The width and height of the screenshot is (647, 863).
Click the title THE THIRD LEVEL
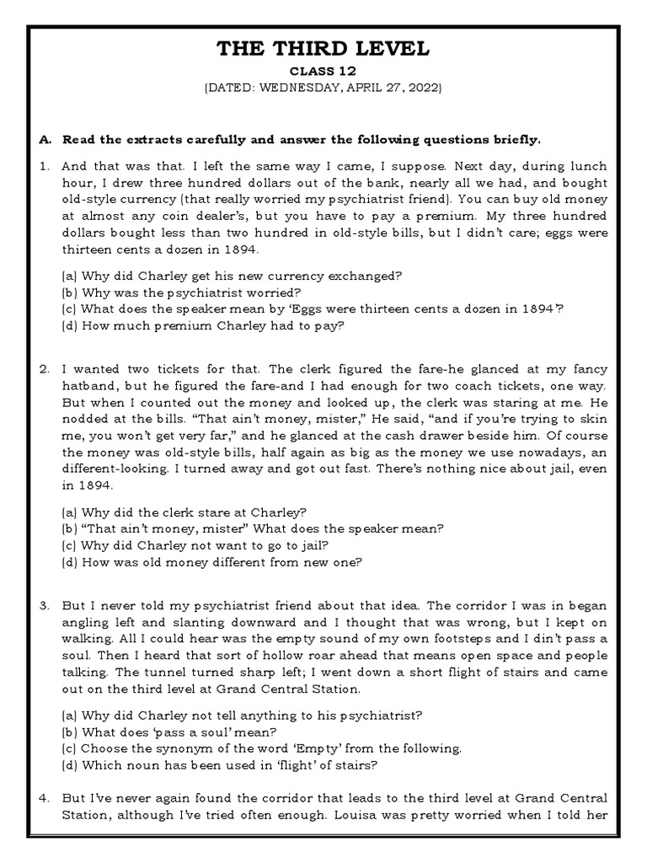tap(323, 49)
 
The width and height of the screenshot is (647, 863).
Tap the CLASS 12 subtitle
tap(323, 71)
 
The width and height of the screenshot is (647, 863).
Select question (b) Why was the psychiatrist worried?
tap(169, 292)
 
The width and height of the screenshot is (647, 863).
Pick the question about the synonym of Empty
tap(262, 748)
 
